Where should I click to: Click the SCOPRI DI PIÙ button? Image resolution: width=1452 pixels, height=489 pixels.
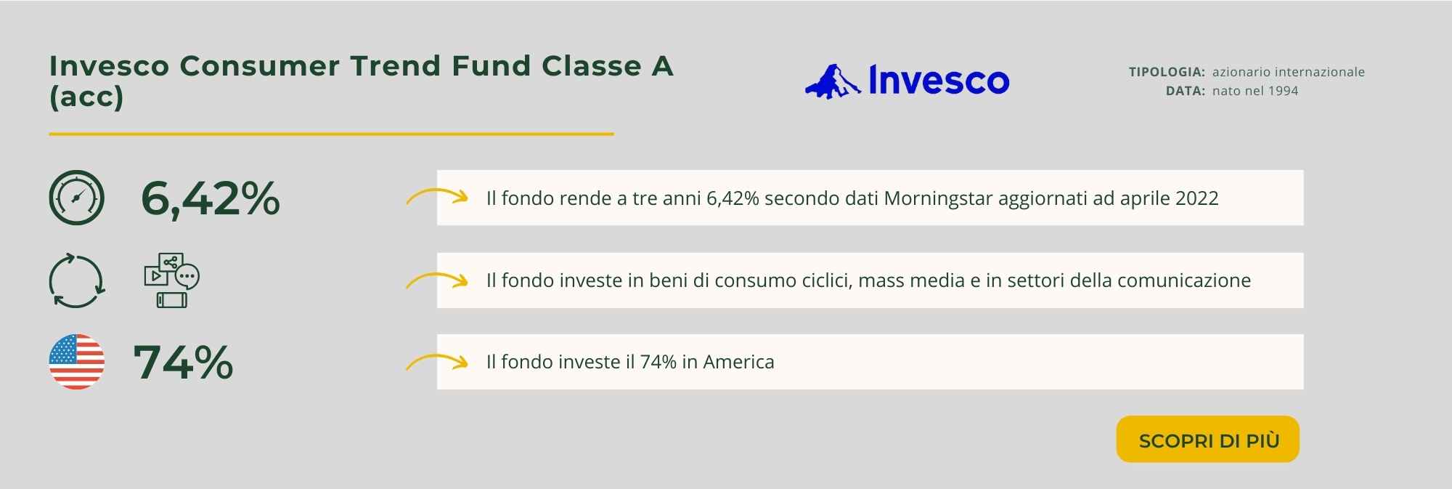(x=1207, y=440)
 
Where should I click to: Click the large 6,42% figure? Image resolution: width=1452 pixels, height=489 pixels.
(x=211, y=198)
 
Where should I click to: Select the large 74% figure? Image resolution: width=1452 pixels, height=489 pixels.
(x=184, y=362)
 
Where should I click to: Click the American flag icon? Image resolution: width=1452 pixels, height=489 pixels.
(x=77, y=362)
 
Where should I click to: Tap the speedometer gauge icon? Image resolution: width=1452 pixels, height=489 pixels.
(x=77, y=198)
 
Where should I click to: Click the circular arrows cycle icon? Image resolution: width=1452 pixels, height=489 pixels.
(x=77, y=280)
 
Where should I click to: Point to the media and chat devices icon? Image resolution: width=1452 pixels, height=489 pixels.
(x=172, y=280)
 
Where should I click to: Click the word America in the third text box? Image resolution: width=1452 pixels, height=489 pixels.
(x=738, y=362)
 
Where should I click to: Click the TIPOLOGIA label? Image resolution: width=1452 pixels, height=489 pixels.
(x=1167, y=72)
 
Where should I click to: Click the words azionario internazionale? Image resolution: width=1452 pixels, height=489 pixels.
(x=1289, y=72)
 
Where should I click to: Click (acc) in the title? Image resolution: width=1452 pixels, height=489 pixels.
(x=86, y=97)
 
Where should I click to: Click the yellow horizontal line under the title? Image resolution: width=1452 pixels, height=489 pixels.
(x=331, y=134)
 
